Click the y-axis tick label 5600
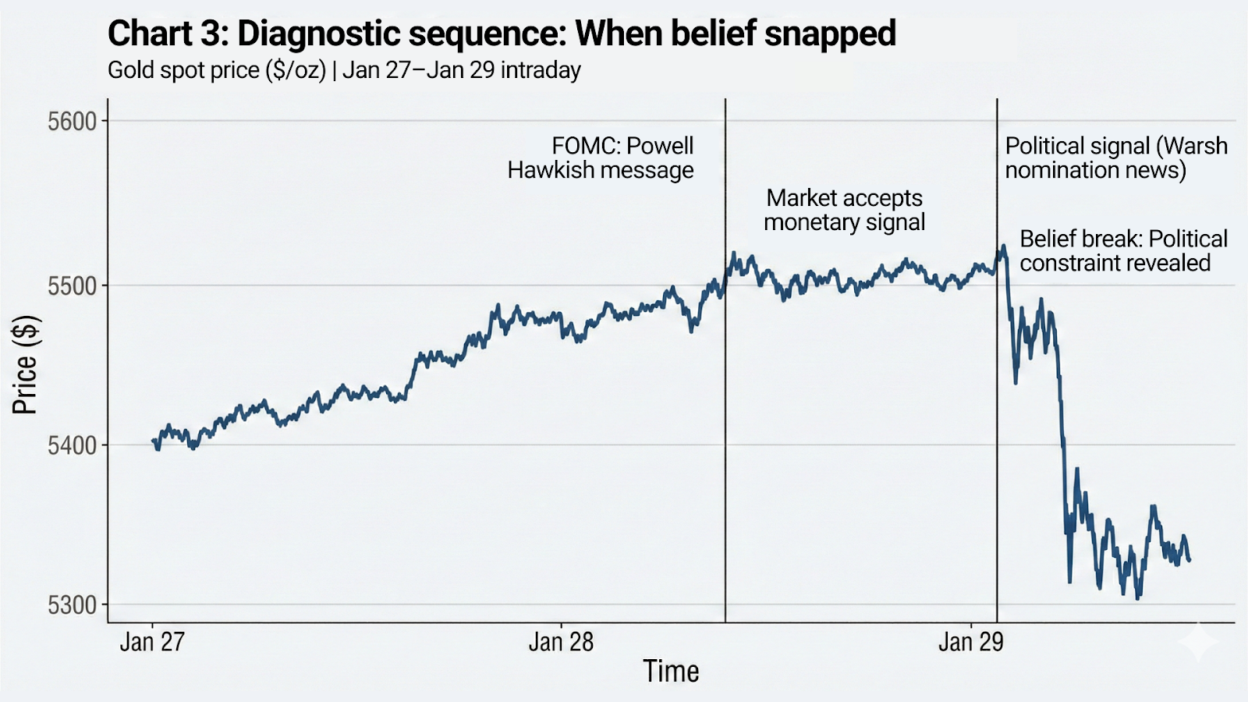[72, 122]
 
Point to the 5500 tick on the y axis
[72, 286]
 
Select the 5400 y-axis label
[72, 446]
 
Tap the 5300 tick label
[72, 605]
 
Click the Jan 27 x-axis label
[152, 642]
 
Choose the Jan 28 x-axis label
[561, 642]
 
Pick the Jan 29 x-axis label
[970, 642]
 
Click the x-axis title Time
[671, 672]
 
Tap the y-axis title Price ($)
[25, 364]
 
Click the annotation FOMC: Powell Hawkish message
[601, 158]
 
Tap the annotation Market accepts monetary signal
[844, 210]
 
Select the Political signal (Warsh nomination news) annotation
[1115, 158]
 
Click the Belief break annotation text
[1123, 250]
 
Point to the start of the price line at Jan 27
[154, 441]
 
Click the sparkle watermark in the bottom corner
[1198, 641]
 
